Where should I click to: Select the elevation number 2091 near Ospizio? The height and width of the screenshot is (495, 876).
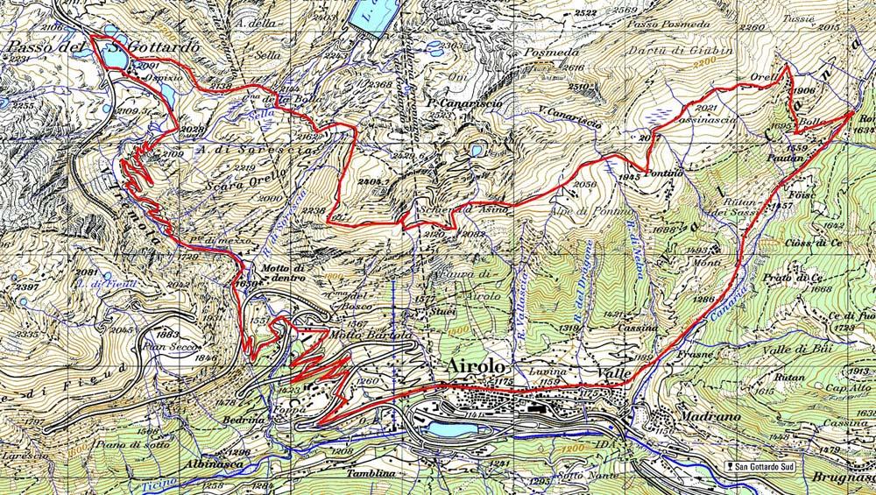pos(147,67)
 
